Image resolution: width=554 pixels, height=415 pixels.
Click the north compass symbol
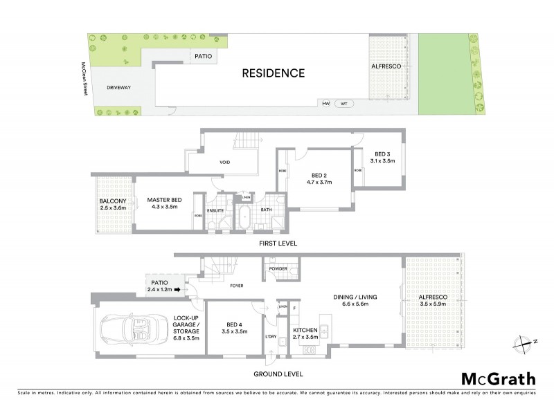521,341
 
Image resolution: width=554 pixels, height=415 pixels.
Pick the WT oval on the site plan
343,104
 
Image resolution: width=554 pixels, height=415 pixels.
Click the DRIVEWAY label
120,88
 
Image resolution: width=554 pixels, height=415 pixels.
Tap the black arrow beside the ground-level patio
177,290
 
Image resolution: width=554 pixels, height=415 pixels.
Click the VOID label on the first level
225,162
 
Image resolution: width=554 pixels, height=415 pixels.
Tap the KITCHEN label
305,331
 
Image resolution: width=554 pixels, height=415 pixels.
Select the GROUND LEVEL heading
280,373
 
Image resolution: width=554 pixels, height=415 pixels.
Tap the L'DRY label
270,336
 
